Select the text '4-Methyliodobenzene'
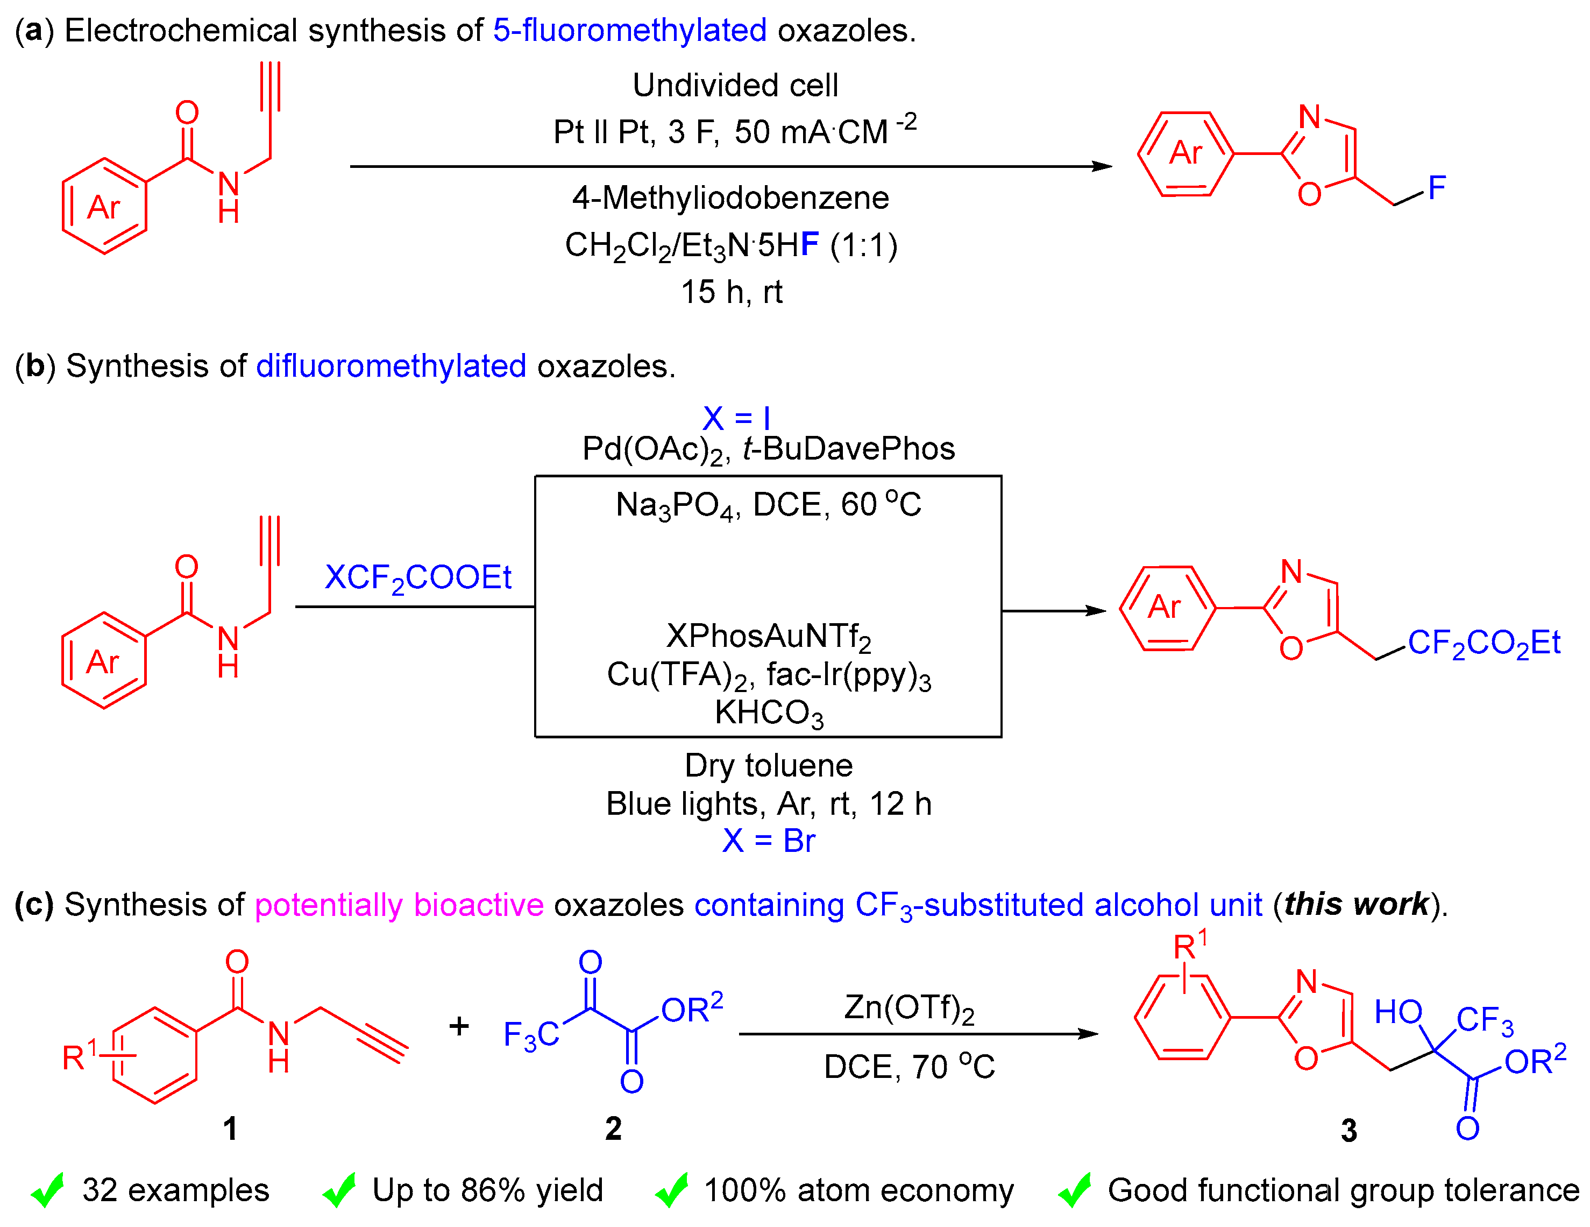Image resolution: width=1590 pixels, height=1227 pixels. coord(730,198)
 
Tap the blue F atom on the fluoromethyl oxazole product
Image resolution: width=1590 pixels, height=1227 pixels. coord(1436,188)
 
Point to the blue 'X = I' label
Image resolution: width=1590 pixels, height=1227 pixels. coord(736,418)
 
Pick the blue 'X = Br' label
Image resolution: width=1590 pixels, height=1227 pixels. coord(768,841)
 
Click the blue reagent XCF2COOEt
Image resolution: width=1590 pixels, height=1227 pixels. coord(418,578)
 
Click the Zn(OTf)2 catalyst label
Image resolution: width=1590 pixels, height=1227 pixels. coord(908,1009)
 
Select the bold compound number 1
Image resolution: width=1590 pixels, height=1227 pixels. coord(230,1129)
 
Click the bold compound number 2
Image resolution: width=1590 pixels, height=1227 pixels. coord(613,1129)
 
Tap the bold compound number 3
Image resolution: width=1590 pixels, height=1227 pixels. coord(1348,1131)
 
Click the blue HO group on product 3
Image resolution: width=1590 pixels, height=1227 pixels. coord(1398,1012)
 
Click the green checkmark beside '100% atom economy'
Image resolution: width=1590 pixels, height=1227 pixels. coord(671,1190)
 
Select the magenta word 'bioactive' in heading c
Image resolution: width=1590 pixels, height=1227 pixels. coord(478,905)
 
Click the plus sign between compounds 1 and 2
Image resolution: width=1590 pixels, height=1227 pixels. coord(459,1026)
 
